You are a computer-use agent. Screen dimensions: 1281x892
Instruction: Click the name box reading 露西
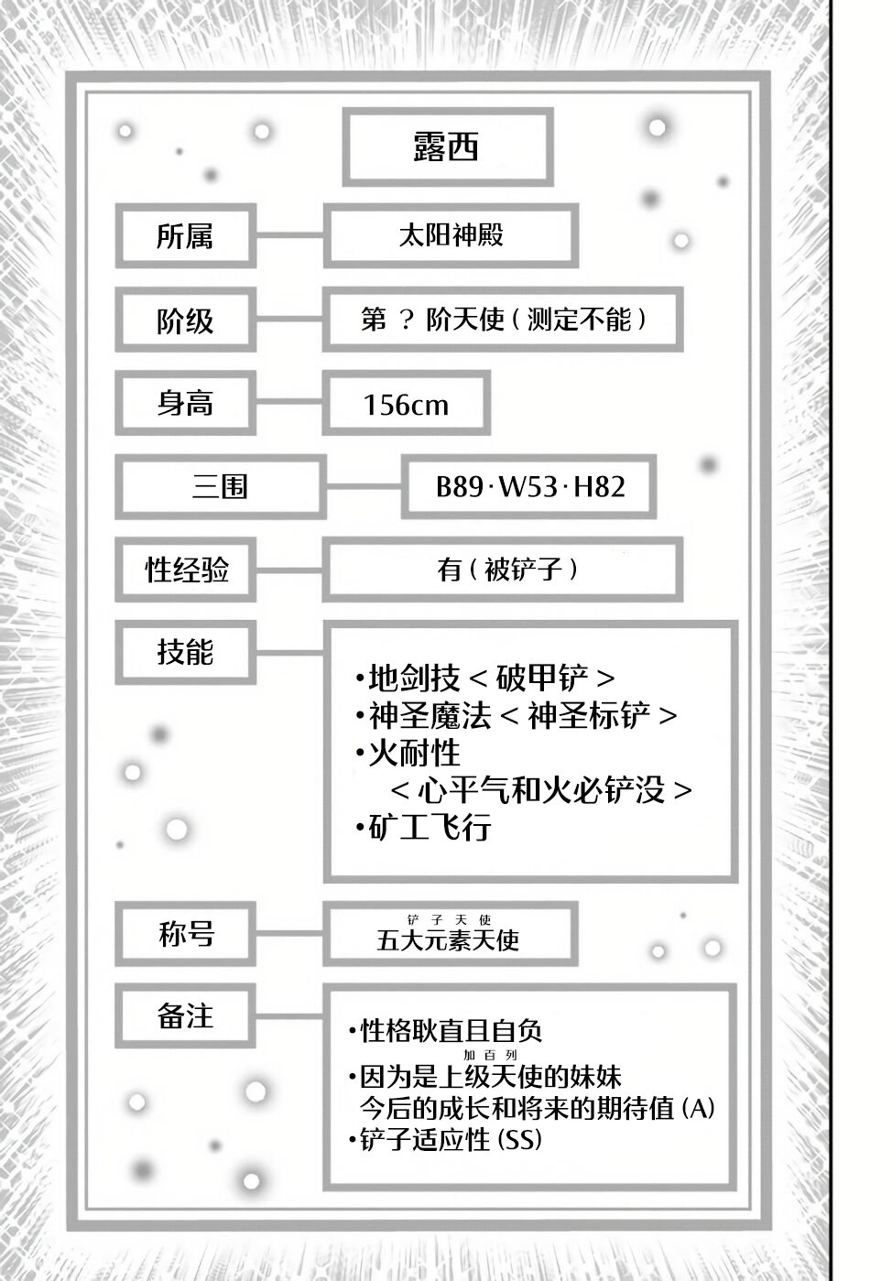point(447,147)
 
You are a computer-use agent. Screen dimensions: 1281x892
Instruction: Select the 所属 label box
point(185,236)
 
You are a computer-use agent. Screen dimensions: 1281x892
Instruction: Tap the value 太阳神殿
point(451,235)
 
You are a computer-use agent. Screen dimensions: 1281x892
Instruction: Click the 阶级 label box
point(185,320)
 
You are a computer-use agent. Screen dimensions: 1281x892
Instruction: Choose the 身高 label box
point(185,403)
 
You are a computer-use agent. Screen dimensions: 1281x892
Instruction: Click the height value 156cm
point(406,404)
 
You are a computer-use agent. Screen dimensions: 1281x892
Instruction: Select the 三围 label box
point(220,486)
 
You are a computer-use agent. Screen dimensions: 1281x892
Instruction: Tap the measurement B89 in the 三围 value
point(459,486)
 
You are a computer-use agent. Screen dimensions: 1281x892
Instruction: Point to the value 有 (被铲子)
point(506,570)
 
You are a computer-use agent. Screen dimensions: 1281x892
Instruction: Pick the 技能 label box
point(185,652)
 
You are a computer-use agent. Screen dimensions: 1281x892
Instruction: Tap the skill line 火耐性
point(413,753)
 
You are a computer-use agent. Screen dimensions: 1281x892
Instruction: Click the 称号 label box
point(186,934)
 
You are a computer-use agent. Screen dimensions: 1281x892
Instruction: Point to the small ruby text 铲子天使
point(450,919)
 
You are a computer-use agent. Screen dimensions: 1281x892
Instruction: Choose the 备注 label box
point(185,1015)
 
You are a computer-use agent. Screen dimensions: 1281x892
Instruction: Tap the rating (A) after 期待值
point(698,1108)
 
